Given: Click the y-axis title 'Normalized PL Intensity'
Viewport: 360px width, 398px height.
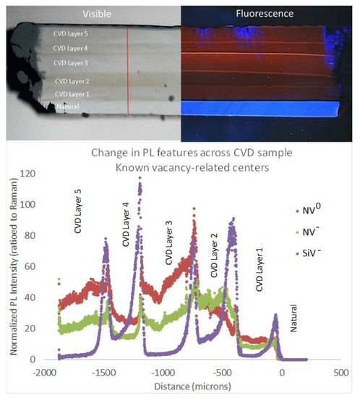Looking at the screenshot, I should tap(9, 268).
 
